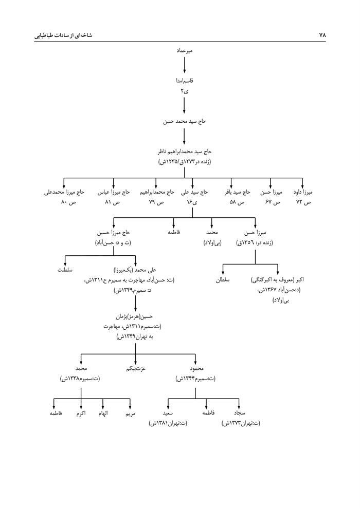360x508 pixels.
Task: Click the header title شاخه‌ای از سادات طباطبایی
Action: coord(63,35)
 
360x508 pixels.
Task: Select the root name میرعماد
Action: coord(184,50)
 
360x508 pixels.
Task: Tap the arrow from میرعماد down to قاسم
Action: coord(184,65)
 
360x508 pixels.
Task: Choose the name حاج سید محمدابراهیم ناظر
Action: coord(184,152)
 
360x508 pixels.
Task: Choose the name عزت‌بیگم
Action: coord(136,368)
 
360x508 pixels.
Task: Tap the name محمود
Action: coord(196,368)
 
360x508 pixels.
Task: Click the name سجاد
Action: coord(240,413)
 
